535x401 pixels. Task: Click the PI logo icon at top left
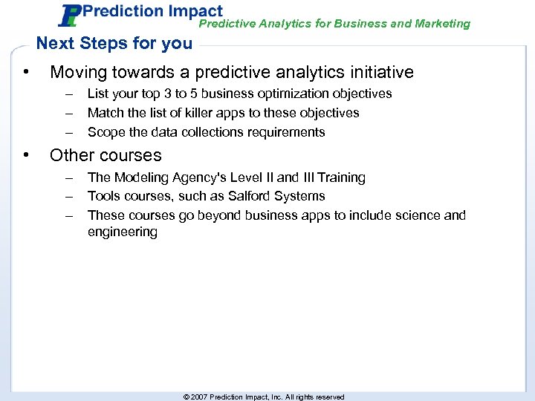point(70,16)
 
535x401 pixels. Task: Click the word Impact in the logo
point(195,11)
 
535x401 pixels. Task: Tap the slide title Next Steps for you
point(114,43)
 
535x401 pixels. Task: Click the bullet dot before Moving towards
point(26,72)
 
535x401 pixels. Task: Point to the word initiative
point(380,72)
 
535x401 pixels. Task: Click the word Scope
point(105,132)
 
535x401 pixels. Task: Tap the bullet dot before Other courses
point(26,155)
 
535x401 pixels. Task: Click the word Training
point(341,177)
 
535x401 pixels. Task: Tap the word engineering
point(123,232)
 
